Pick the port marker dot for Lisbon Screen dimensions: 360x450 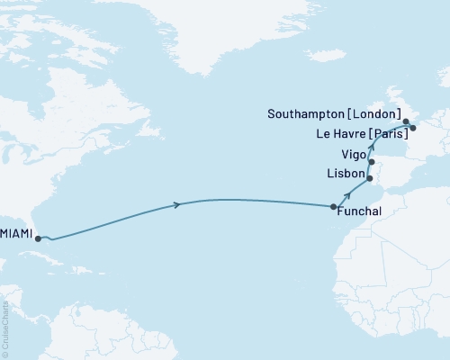(x=370, y=179)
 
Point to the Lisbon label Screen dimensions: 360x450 (x=347, y=173)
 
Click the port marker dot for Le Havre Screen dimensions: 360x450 (x=412, y=128)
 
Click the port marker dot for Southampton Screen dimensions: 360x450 (x=406, y=121)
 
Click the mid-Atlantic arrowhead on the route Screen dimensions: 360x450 (x=176, y=205)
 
